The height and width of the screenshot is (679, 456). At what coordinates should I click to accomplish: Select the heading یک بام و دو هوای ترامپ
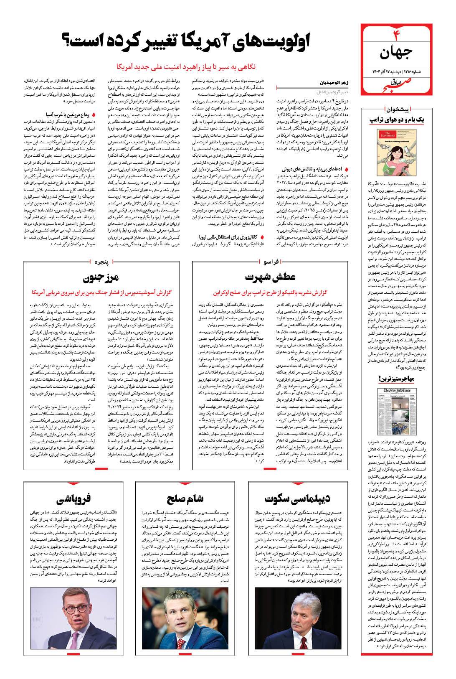(397, 120)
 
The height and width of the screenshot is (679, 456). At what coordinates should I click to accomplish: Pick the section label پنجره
(100, 262)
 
